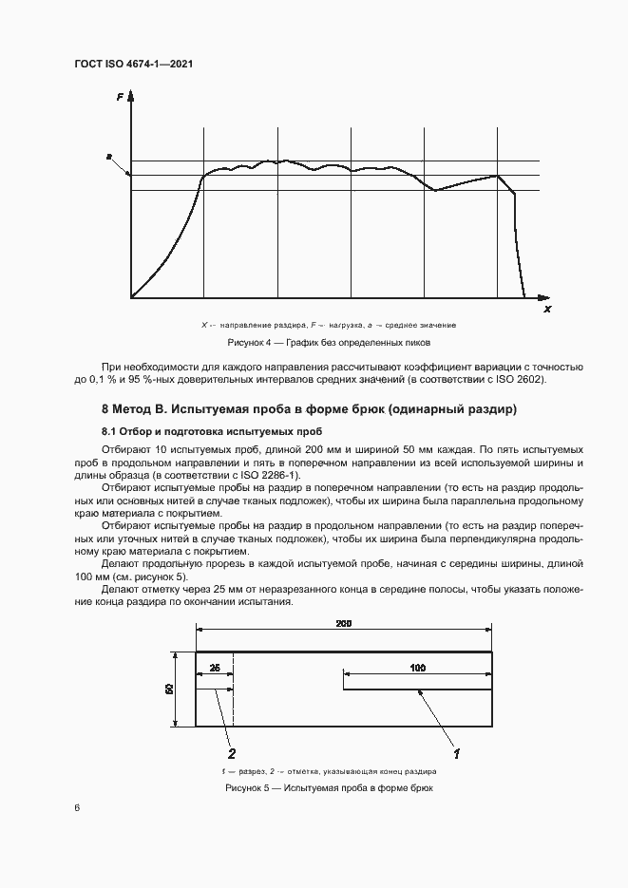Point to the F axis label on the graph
120,96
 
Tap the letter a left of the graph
109,155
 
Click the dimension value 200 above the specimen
343,622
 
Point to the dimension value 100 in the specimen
417,669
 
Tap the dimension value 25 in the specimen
215,669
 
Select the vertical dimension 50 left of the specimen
170,689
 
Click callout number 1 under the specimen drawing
457,754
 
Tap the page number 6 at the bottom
77,808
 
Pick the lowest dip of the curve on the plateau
435,191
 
